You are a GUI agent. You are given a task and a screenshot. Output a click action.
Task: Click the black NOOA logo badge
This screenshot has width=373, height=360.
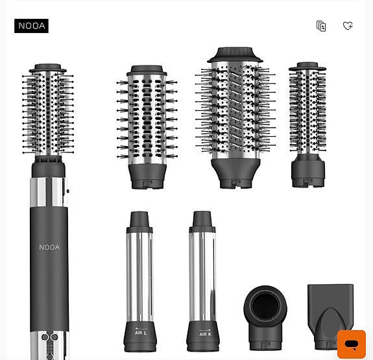[31, 26]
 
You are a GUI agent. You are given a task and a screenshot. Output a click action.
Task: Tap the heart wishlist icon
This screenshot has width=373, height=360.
[348, 26]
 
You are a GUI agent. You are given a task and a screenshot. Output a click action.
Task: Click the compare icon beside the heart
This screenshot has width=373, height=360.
[321, 26]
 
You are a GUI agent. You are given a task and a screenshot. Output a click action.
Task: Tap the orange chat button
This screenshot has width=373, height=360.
[352, 344]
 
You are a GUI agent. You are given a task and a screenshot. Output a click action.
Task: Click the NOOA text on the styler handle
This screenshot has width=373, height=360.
[49, 247]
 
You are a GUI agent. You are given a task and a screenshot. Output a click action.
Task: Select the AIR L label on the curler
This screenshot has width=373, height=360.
[141, 333]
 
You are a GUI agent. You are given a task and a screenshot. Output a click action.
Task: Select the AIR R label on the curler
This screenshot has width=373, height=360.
[205, 334]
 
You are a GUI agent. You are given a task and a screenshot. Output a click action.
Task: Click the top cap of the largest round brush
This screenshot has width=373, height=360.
[235, 54]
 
